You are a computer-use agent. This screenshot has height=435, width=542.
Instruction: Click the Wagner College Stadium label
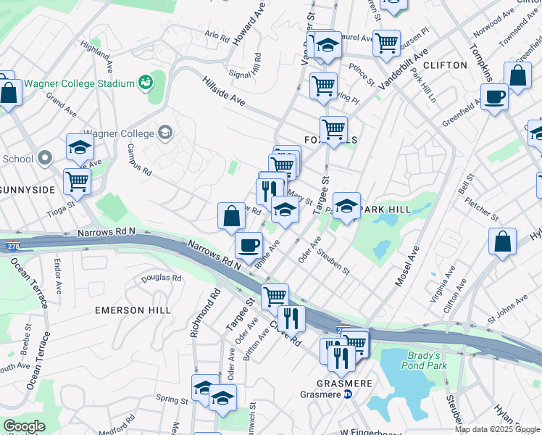pyautogui.click(x=80, y=83)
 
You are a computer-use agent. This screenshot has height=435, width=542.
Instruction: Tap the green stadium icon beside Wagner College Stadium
pyautogui.click(x=146, y=83)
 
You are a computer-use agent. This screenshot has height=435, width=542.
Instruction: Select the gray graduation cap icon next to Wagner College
pyautogui.click(x=166, y=132)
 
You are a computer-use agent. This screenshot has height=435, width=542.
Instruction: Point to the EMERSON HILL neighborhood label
pyautogui.click(x=133, y=310)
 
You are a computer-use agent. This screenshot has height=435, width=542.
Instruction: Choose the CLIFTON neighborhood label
pyautogui.click(x=445, y=65)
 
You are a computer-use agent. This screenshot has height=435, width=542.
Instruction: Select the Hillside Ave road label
pyautogui.click(x=223, y=94)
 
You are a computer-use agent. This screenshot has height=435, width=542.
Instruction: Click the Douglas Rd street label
pyautogui.click(x=161, y=278)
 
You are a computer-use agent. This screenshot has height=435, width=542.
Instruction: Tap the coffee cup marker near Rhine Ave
pyautogui.click(x=249, y=244)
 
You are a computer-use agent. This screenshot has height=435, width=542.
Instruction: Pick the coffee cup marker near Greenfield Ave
pyautogui.click(x=495, y=96)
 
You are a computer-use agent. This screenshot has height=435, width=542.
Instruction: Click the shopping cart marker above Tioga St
pyautogui.click(x=77, y=182)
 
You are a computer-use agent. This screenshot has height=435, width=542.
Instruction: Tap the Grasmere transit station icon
pyautogui.click(x=347, y=395)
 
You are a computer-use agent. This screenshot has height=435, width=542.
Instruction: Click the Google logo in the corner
pyautogui.click(x=24, y=426)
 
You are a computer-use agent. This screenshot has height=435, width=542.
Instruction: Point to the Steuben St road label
pyautogui.click(x=335, y=263)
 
